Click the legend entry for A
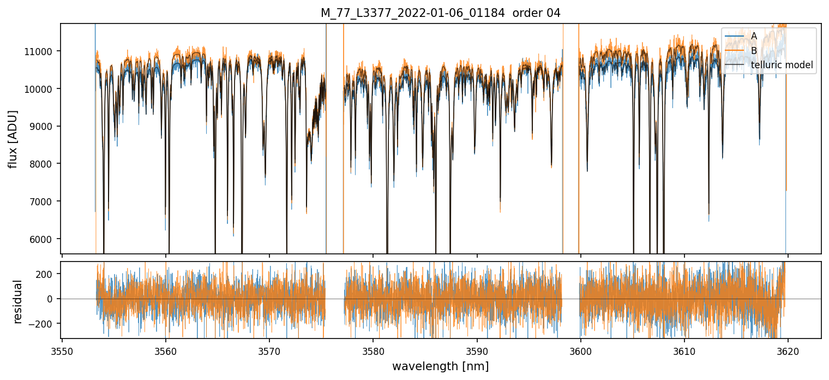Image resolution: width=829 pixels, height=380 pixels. point(754,36)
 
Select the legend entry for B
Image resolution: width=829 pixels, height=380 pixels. point(754,50)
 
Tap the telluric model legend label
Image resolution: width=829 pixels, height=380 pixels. point(782,65)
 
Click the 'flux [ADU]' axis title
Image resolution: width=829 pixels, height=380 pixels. point(13,139)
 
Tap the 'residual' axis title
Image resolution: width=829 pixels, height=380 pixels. point(17,301)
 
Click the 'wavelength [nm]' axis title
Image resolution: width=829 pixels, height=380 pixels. point(440,366)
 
